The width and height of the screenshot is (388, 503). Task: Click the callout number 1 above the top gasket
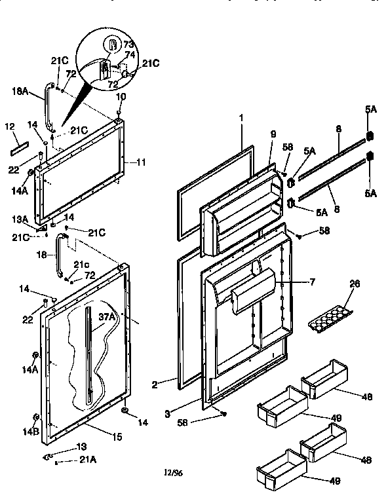pyautogui.click(x=241, y=119)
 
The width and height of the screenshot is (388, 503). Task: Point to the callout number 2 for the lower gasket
pyautogui.click(x=154, y=386)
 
